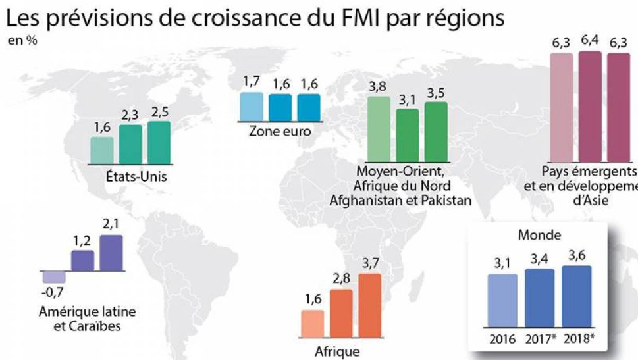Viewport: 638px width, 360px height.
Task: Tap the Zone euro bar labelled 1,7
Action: tap(252, 106)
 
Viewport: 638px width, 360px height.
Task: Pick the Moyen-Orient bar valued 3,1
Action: tap(408, 134)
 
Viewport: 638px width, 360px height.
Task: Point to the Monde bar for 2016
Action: tap(502, 300)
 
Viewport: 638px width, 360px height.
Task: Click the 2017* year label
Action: tap(540, 340)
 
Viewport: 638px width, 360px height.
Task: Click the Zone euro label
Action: tap(280, 130)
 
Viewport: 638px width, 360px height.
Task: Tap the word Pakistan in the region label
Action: tap(440, 199)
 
